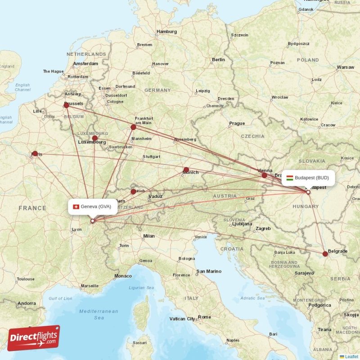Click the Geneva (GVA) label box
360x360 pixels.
[93, 207]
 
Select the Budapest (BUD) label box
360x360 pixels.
[308, 178]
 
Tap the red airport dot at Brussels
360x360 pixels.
[67, 105]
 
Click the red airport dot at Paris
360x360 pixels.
[35, 153]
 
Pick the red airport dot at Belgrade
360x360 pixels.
[325, 254]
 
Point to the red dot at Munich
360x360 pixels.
[186, 170]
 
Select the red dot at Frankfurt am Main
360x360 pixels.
[133, 127]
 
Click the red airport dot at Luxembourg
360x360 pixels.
[94, 139]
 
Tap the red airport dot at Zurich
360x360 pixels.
[133, 192]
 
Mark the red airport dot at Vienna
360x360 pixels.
[265, 175]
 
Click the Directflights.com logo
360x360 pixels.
[34, 337]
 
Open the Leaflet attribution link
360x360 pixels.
[351, 356]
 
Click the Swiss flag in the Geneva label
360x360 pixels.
[76, 207]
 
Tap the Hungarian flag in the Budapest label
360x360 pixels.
[290, 178]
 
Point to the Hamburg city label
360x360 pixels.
[166, 32]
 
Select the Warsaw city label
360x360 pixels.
[345, 67]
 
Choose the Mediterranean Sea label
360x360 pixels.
[99, 314]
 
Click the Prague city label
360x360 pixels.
[237, 123]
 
